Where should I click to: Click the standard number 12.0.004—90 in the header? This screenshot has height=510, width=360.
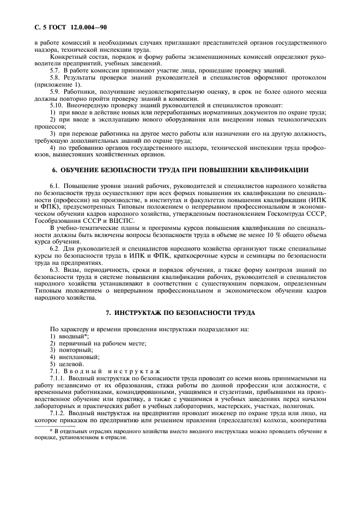[x=64, y=27]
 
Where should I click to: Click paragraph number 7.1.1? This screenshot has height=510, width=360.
[x=58, y=377]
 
